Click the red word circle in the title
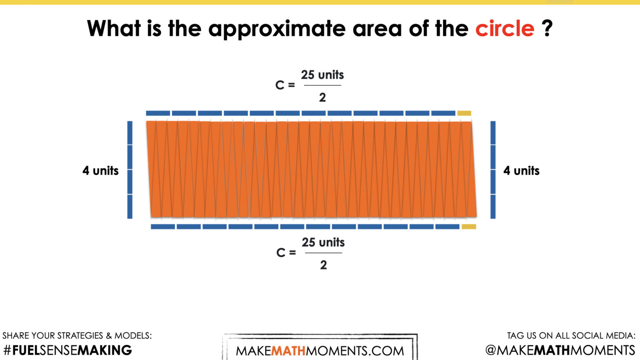(505, 29)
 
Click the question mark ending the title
(547, 29)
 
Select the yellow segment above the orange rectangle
(464, 113)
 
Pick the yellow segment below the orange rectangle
(469, 227)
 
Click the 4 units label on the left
(100, 171)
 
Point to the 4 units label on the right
(521, 171)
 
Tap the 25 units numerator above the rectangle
(322, 75)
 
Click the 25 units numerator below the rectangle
(323, 242)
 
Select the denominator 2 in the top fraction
(322, 97)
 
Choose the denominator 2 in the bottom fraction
(323, 265)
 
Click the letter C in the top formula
(280, 85)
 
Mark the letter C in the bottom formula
(280, 253)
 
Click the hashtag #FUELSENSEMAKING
(67, 350)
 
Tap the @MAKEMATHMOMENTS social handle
(560, 350)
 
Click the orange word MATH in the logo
(288, 351)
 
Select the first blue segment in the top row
(158, 113)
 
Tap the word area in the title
(377, 29)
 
